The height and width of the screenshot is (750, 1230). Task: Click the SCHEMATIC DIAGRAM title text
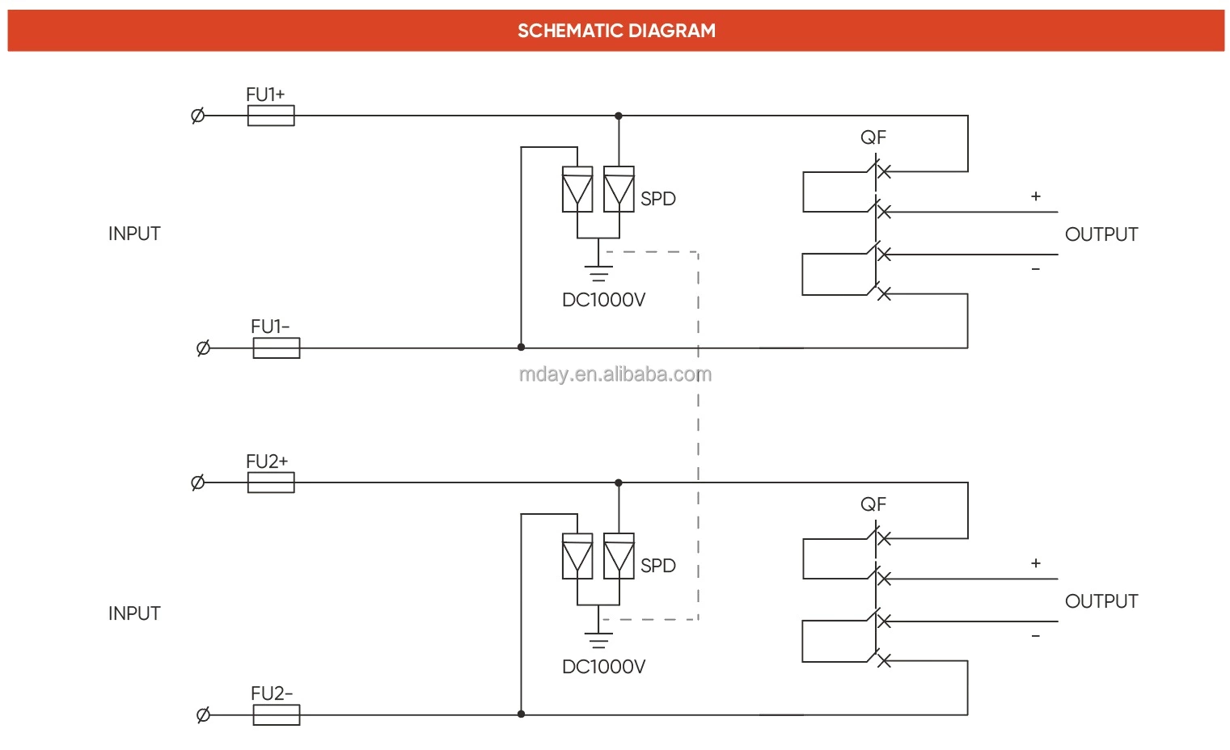pyautogui.click(x=616, y=31)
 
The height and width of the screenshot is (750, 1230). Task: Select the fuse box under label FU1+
pyautogui.click(x=271, y=116)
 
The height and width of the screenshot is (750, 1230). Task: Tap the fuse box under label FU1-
pyautogui.click(x=277, y=348)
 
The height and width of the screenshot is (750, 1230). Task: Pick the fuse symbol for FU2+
pyautogui.click(x=271, y=483)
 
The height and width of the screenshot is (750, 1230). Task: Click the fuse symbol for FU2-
pyautogui.click(x=277, y=715)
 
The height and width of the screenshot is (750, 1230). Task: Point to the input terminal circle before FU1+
pyautogui.click(x=197, y=116)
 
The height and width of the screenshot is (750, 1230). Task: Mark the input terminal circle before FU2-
pyautogui.click(x=203, y=715)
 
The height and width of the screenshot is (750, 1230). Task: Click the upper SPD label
pyautogui.click(x=657, y=199)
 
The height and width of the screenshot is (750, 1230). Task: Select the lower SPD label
pyautogui.click(x=657, y=566)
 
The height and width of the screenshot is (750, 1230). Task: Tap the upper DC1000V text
pyautogui.click(x=603, y=300)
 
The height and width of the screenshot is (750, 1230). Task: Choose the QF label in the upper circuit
pyautogui.click(x=873, y=137)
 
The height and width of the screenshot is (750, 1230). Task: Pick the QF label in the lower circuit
pyautogui.click(x=873, y=504)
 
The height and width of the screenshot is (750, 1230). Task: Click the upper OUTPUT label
pyautogui.click(x=1101, y=234)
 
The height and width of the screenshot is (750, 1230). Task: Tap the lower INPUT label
pyautogui.click(x=134, y=613)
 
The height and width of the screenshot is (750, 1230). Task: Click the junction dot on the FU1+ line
pyautogui.click(x=619, y=116)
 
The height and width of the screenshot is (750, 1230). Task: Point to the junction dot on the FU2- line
pyautogui.click(x=521, y=714)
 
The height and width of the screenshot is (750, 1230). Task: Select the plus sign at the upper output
pyautogui.click(x=1035, y=196)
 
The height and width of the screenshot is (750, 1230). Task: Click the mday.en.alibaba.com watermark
pyautogui.click(x=615, y=374)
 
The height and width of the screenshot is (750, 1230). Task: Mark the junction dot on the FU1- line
pyautogui.click(x=521, y=348)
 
